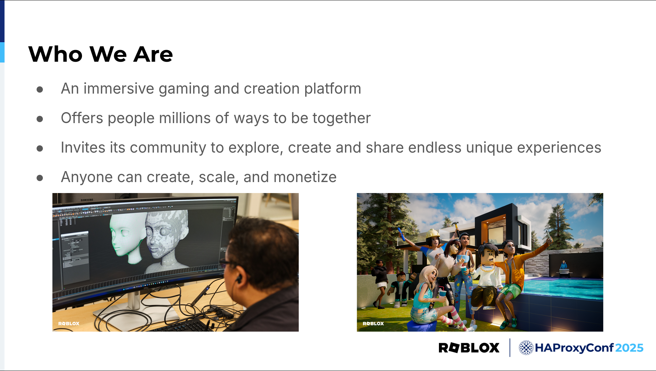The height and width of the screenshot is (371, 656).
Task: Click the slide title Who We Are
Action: pyautogui.click(x=100, y=54)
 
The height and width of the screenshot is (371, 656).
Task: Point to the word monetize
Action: pyautogui.click(x=305, y=177)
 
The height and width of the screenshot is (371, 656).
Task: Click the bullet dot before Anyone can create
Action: pyautogui.click(x=40, y=178)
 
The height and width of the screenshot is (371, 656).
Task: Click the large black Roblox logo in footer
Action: pyautogui.click(x=469, y=348)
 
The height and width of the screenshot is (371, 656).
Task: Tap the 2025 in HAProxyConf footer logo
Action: pyautogui.click(x=629, y=348)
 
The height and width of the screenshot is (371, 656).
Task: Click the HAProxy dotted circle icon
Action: pyautogui.click(x=526, y=348)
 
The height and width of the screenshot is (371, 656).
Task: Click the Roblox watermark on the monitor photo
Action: pyautogui.click(x=69, y=323)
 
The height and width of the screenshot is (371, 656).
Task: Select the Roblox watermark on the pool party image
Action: pyautogui.click(x=373, y=323)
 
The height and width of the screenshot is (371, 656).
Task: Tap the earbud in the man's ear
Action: pyautogui.click(x=239, y=278)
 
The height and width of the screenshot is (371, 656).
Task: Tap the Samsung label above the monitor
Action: pyautogui.click(x=87, y=200)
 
